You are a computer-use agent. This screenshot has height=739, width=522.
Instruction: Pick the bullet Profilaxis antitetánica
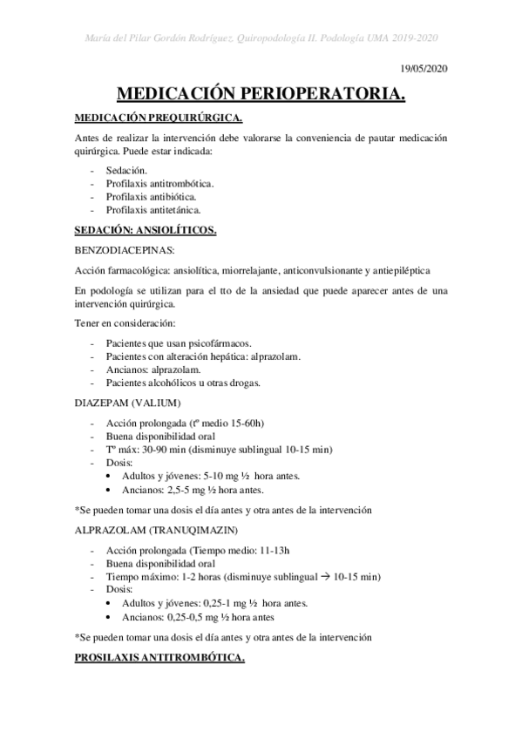tap(153, 210)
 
